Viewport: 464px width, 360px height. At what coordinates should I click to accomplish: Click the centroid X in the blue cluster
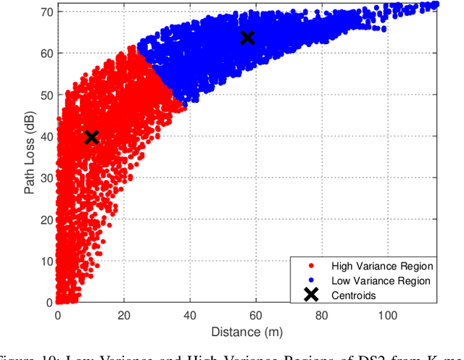pyautogui.click(x=248, y=38)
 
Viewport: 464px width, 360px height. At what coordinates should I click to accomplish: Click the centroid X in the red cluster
pyautogui.click(x=91, y=137)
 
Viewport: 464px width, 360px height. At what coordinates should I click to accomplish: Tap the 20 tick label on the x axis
pyautogui.click(x=124, y=315)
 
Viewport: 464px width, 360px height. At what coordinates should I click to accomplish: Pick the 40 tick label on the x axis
pyautogui.click(x=189, y=315)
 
